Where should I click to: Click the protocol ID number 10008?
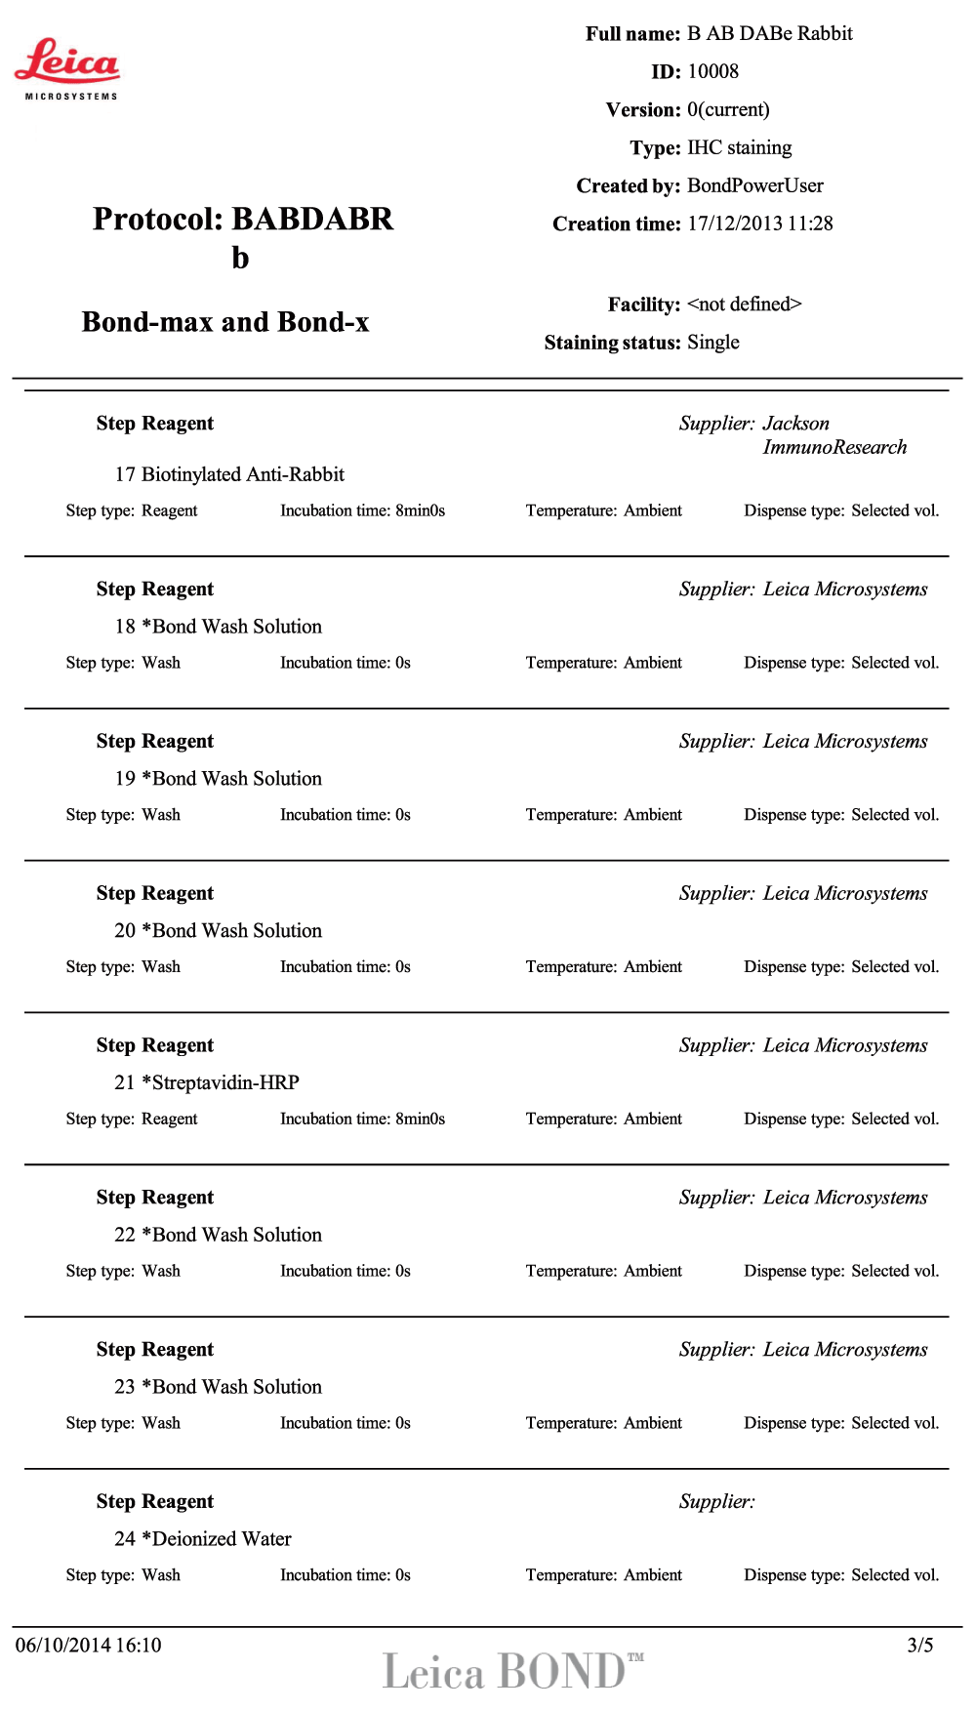712,71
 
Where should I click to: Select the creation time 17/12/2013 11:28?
759,224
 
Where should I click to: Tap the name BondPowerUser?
754,185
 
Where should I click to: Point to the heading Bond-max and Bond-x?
225,322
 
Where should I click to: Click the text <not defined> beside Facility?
744,305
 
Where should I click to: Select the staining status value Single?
712,343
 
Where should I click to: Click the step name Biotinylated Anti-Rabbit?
242,474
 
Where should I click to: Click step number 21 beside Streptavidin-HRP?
125,1082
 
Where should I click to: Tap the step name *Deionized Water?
217,1539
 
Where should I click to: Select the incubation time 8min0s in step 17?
420,510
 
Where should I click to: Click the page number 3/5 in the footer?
919,1646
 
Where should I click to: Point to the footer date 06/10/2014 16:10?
88,1646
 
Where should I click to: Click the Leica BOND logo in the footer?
512,1671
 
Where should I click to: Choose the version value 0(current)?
728,109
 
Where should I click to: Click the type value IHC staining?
739,147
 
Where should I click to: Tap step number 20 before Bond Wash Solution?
125,930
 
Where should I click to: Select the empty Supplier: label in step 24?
716,1502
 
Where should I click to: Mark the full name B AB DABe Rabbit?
769,33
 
